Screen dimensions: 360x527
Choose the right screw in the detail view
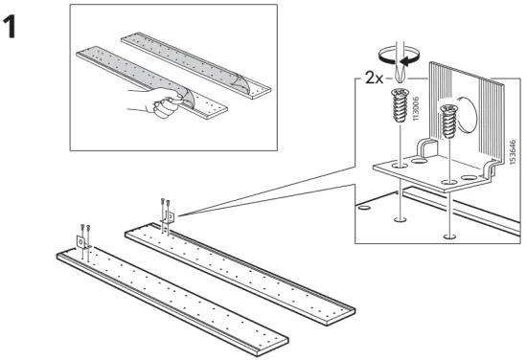click(x=447, y=123)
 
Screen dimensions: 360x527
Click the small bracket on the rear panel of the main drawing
click(x=170, y=218)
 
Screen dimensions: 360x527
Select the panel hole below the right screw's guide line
click(x=447, y=235)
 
